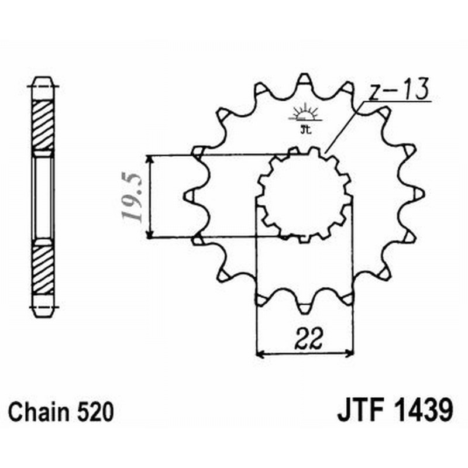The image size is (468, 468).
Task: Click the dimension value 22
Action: point(305,338)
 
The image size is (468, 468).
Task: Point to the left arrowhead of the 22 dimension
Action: point(261,353)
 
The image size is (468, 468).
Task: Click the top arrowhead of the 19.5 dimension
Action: point(151,160)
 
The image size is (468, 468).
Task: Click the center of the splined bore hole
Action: point(304,195)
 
